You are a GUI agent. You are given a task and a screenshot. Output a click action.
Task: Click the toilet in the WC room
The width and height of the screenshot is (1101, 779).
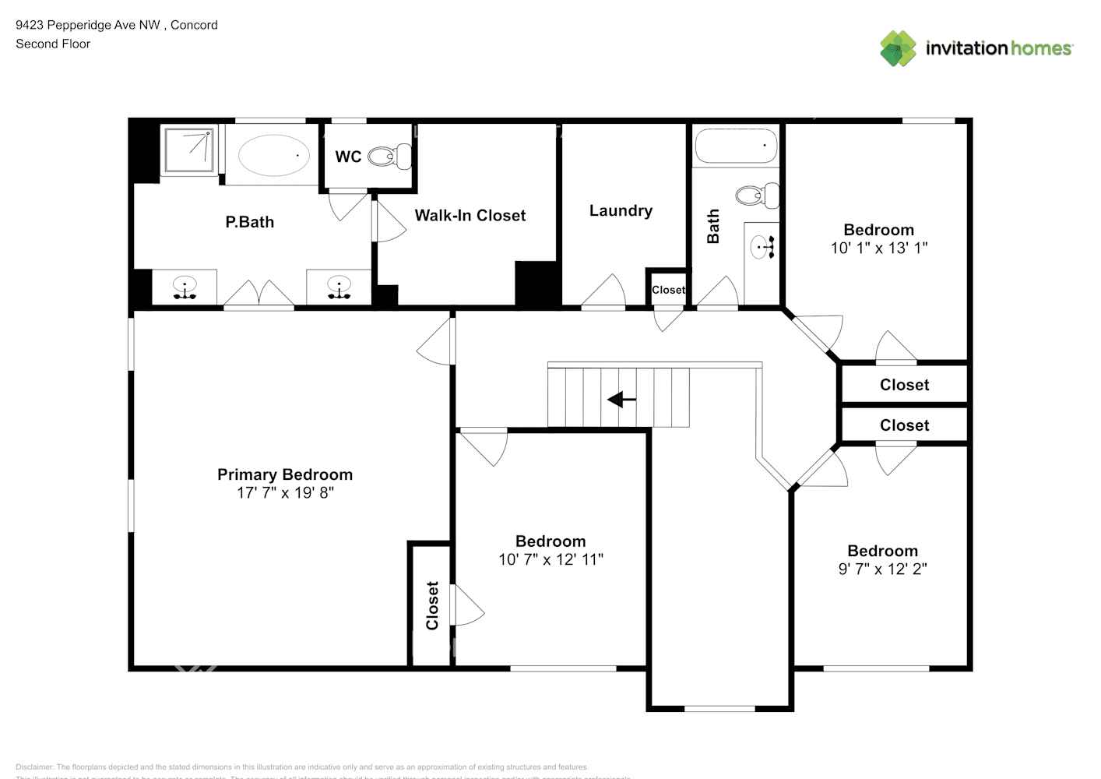click(389, 156)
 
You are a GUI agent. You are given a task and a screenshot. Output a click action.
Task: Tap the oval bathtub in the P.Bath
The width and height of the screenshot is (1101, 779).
click(274, 155)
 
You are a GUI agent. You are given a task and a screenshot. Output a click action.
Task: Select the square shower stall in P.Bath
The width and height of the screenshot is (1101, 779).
click(189, 150)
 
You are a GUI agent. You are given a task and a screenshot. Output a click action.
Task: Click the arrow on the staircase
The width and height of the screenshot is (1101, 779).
click(621, 400)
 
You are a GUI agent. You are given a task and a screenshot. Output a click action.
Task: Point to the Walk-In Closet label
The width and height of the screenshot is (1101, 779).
click(470, 216)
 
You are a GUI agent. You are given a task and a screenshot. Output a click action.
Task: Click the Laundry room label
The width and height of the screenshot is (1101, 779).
click(621, 211)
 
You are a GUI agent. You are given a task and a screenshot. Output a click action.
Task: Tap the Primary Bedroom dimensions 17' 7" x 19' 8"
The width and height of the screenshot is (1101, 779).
click(285, 492)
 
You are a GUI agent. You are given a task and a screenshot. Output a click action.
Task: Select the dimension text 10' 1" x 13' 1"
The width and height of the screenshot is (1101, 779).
click(878, 248)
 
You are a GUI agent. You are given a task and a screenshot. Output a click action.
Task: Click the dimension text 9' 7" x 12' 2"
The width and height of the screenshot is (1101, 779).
click(882, 569)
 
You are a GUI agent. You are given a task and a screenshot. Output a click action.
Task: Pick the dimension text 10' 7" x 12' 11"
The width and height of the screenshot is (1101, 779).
click(550, 559)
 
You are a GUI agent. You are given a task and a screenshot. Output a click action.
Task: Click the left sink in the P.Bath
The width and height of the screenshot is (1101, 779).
click(185, 287)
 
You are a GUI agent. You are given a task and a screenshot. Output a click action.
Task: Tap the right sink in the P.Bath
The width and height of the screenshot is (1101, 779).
click(339, 287)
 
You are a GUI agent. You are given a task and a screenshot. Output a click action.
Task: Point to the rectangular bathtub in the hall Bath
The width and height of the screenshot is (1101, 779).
click(735, 146)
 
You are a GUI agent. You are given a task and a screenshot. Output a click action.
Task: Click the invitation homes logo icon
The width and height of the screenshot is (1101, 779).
click(898, 48)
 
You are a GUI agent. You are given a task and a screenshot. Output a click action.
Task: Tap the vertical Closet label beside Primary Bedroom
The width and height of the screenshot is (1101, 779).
click(432, 605)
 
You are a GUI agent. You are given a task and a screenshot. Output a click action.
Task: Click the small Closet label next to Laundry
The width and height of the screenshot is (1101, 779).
click(668, 290)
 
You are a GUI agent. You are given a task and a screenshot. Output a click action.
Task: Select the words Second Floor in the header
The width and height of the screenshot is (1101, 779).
click(53, 44)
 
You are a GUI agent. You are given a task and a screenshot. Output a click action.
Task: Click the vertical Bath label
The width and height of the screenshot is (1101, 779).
click(713, 227)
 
